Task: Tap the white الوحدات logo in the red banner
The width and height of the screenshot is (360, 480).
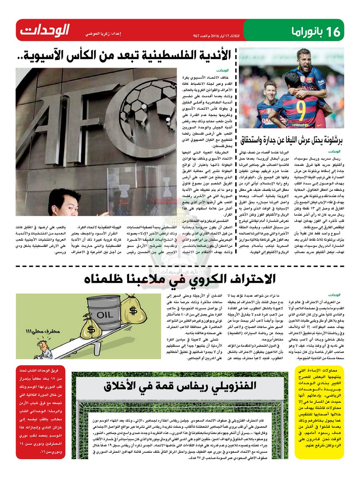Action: click(x=45, y=30)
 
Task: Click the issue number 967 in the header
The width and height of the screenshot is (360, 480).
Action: click(x=196, y=36)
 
